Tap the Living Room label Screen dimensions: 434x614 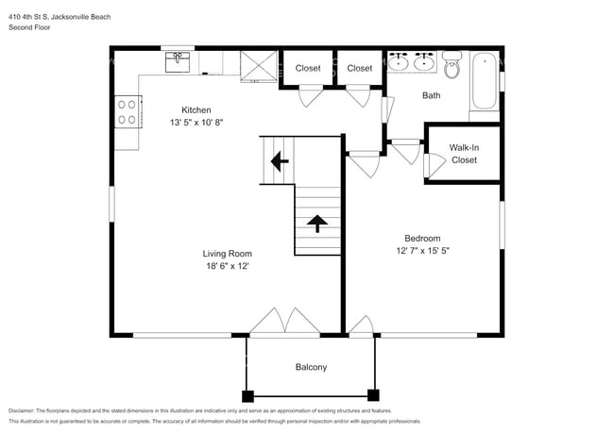coord(227,253)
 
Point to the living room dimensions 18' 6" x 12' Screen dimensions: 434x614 coord(227,266)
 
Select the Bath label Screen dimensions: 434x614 coord(432,95)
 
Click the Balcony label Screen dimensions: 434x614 coord(311,367)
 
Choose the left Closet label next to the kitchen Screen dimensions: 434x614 coord(308,68)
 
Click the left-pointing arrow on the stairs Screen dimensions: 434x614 coord(279,161)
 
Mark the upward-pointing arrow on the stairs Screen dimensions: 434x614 coord(316,224)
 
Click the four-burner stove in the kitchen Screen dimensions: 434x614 coord(126,112)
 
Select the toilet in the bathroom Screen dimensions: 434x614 coord(452,66)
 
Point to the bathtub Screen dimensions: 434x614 coord(485,81)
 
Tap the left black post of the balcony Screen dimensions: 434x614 coord(247,395)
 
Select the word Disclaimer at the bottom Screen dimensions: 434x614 coord(26,410)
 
